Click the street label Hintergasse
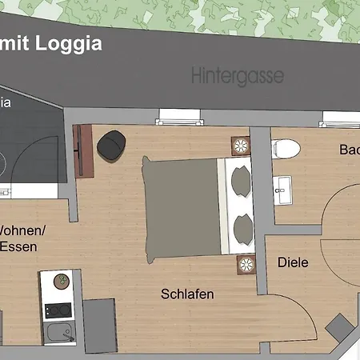(238, 77)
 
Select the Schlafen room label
(187, 294)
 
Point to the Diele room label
(293, 262)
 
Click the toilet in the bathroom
(286, 149)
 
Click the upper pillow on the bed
(241, 179)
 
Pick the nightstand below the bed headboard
(245, 263)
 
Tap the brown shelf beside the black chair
(83, 151)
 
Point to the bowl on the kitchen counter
(58, 281)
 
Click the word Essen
(18, 247)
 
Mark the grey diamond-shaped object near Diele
(338, 329)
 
